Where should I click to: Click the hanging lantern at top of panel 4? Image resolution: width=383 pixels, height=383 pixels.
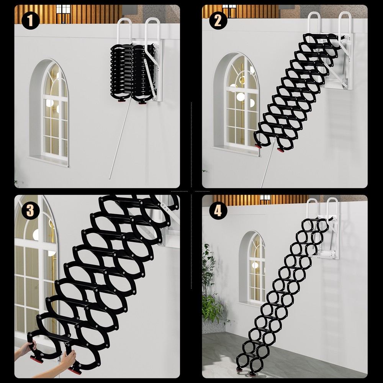tap(265, 198)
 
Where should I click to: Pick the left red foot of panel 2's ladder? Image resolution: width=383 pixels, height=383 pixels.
tap(259, 146)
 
